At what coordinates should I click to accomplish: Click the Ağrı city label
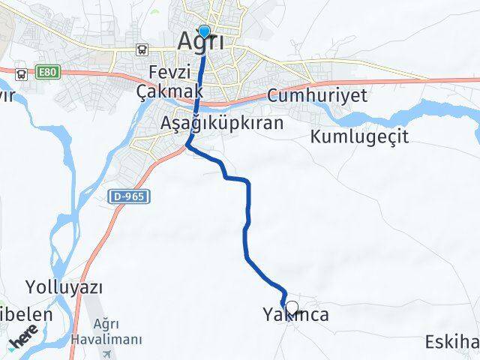[x=201, y=43]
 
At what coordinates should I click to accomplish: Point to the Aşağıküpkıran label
[x=221, y=123]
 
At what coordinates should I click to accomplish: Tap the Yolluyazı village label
[x=64, y=287]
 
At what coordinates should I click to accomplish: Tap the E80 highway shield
[x=46, y=73]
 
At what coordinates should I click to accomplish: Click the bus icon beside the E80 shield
[x=21, y=73]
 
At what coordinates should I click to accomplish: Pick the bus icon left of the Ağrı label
[x=142, y=49]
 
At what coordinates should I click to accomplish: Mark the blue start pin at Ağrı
[x=204, y=32]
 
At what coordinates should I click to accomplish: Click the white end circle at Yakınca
[x=292, y=307]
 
